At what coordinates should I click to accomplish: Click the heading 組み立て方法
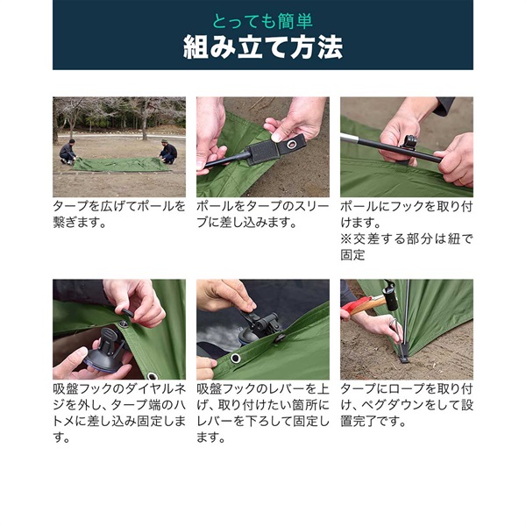[263, 47]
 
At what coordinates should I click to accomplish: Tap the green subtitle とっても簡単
[263, 21]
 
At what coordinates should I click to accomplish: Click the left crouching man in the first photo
[68, 152]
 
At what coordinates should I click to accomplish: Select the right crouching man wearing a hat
[167, 152]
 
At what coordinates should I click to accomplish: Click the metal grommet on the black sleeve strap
[292, 145]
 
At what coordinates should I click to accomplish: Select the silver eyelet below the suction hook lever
[236, 358]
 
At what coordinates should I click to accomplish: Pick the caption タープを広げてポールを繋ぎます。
[119, 214]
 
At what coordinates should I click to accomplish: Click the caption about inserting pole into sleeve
[263, 214]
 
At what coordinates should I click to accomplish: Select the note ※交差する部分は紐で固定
[406, 247]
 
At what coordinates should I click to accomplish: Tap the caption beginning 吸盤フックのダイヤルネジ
[119, 413]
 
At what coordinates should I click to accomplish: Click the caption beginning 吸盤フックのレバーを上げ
[263, 413]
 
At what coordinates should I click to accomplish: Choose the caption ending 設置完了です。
[406, 405]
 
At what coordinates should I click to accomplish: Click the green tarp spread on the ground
[120, 165]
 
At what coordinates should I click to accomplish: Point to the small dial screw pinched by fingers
[127, 312]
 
